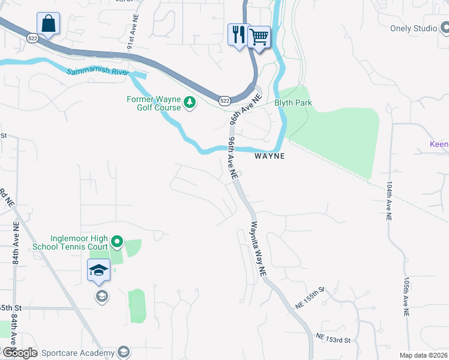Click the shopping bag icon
[47, 25]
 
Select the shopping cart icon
[259, 37]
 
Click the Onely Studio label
[414, 28]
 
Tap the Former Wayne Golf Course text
[153, 103]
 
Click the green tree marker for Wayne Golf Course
[190, 103]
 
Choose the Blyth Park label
[293, 103]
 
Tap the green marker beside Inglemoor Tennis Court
[117, 242]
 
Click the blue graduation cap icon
[98, 270]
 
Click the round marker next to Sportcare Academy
[124, 352]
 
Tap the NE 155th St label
[310, 298]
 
